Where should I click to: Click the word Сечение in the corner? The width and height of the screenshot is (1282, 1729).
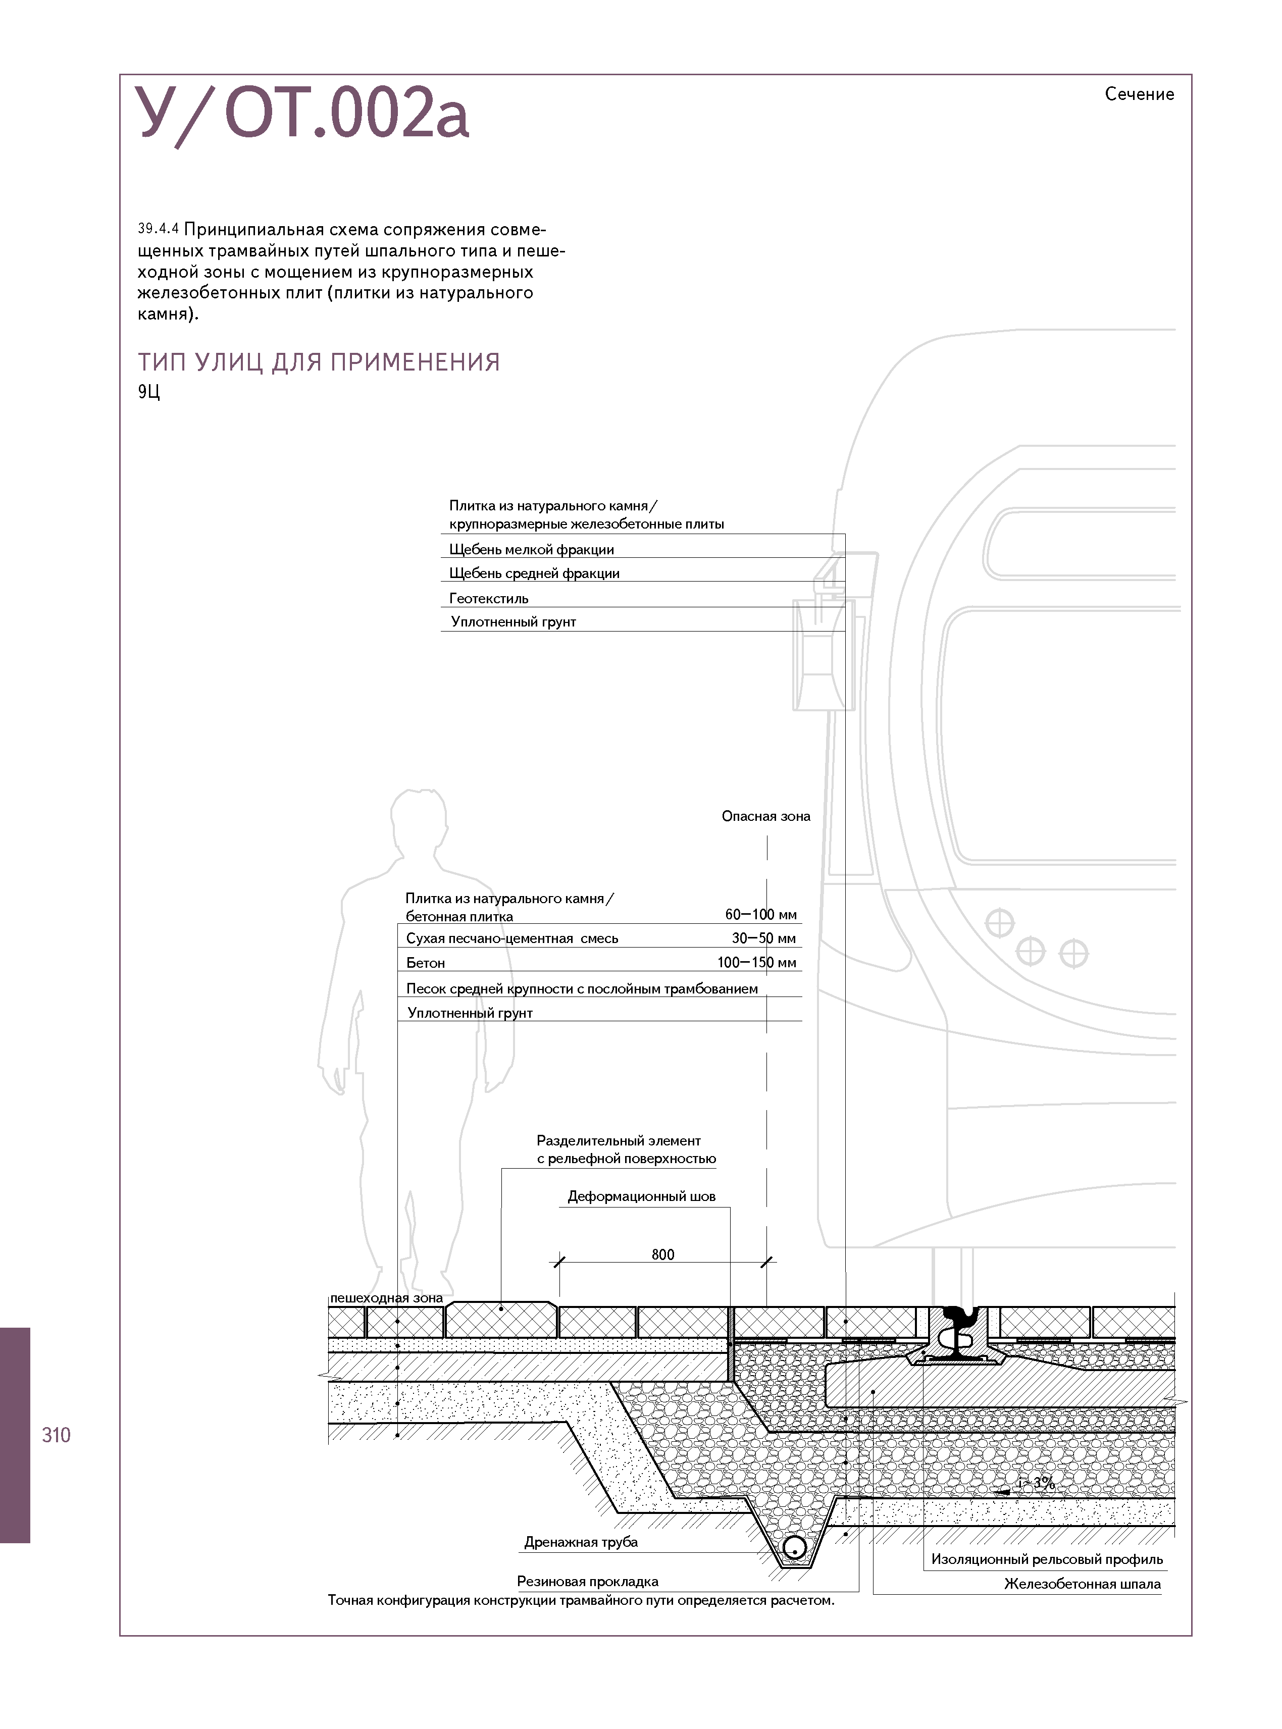coord(1139,94)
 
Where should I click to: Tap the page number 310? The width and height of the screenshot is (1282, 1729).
coord(56,1435)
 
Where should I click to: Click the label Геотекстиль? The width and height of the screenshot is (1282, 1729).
coord(488,599)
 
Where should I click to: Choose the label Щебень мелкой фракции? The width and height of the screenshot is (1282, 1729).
coord(532,550)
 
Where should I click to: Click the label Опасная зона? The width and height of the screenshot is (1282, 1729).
coord(765,816)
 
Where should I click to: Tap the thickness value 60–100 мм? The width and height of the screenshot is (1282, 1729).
coord(760,915)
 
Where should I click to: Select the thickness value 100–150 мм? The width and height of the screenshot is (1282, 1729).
coord(757,963)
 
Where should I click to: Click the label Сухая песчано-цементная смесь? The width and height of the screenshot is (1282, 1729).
coord(512,938)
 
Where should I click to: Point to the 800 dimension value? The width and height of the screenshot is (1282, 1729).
coord(663,1254)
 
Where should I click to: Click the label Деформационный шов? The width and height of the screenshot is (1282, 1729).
coord(641,1196)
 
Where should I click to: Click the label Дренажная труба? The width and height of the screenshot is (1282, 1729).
coord(581,1542)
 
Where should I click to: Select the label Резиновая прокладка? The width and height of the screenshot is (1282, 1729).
coord(587,1582)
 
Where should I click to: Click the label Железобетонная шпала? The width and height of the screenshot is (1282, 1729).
coord(1082,1584)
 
